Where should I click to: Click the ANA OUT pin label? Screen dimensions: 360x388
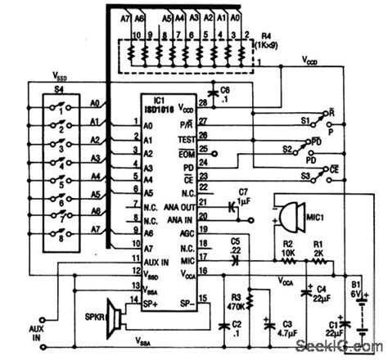(178, 209)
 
